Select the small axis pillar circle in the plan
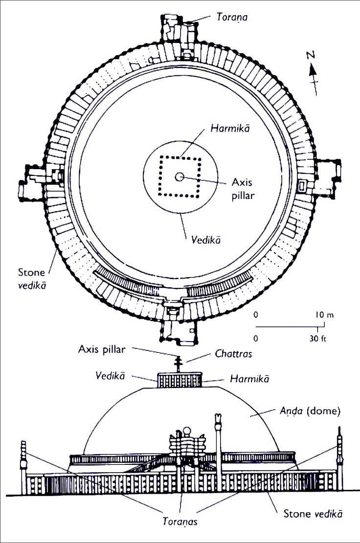[x=180, y=177]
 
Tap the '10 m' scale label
[x=324, y=315]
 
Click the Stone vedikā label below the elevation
[x=313, y=514]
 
